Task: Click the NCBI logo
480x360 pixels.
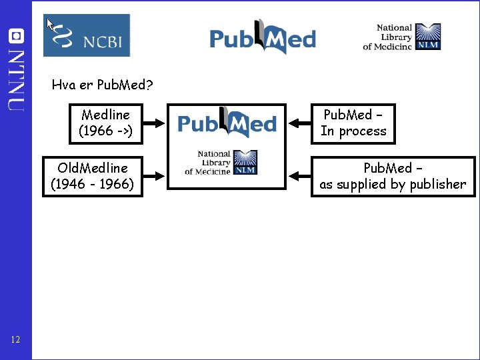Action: [x=87, y=35]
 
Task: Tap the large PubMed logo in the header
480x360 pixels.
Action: [x=263, y=37]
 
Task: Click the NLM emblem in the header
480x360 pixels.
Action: [x=428, y=37]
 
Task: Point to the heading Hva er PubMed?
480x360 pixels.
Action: [x=102, y=85]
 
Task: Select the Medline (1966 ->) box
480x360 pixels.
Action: [x=106, y=124]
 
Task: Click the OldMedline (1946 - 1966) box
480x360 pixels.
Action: [x=93, y=177]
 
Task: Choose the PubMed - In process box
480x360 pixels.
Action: [x=353, y=124]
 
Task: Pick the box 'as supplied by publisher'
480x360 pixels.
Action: [x=393, y=177]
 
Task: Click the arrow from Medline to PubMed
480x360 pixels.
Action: [x=154, y=123]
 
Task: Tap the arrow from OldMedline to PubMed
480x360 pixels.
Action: [x=154, y=176]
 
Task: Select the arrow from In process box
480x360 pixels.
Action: [x=300, y=123]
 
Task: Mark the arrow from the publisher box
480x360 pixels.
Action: [x=300, y=176]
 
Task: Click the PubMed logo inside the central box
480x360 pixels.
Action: [x=227, y=122]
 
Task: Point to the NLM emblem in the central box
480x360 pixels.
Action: [x=245, y=162]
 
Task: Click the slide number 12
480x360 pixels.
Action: [x=15, y=339]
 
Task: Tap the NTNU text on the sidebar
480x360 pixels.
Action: [x=16, y=81]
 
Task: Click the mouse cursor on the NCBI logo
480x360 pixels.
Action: [x=50, y=24]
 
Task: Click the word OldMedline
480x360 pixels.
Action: [x=93, y=168]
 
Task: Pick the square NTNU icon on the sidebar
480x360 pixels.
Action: [x=16, y=36]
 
